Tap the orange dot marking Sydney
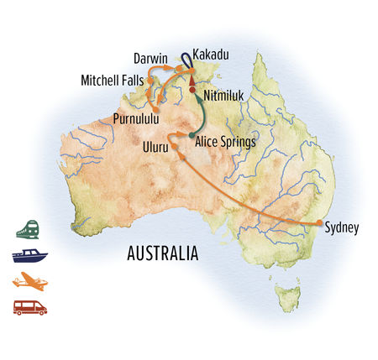tap(318, 222)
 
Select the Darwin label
tap(154, 60)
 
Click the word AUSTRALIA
tap(160, 252)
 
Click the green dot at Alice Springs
tap(192, 135)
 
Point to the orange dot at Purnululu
tap(156, 109)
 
